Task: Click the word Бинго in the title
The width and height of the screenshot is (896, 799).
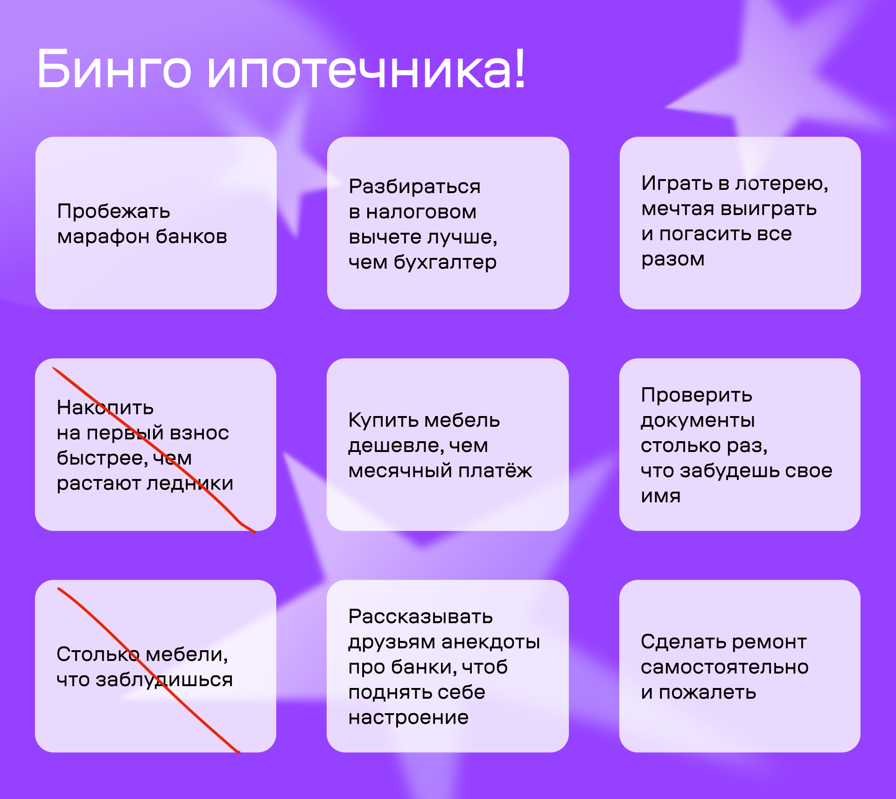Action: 114,69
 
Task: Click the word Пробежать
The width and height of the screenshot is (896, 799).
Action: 113,211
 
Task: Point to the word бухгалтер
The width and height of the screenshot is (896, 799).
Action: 445,263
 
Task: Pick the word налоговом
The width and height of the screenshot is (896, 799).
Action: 421,212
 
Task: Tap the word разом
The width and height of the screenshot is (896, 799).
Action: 673,260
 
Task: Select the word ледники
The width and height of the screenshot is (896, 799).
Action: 190,483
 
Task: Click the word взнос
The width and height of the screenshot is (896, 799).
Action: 199,433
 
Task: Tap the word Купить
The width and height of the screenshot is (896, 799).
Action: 385,421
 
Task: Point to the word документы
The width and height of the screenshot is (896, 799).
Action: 698,421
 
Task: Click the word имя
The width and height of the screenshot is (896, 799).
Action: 661,496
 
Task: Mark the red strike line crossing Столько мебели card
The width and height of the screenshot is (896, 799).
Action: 149,670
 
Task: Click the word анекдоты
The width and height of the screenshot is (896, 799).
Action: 490,642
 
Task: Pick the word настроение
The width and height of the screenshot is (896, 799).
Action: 408,718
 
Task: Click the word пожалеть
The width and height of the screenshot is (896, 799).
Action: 707,693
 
